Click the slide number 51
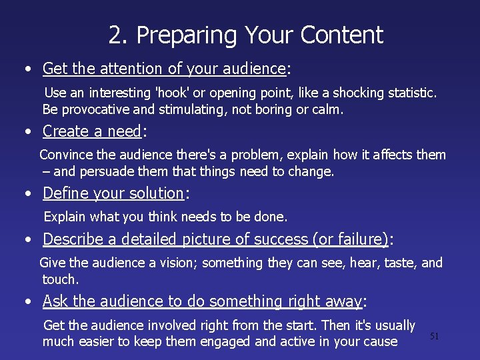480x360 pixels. point(435,337)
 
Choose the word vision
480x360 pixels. point(174,263)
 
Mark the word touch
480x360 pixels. point(60,279)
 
